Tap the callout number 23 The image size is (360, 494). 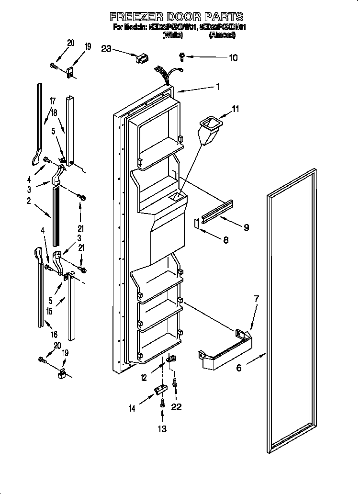[x=106, y=48]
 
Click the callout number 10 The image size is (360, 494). [x=233, y=58]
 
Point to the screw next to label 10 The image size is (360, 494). [x=182, y=56]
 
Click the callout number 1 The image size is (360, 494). [x=218, y=87]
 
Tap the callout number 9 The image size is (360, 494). [x=246, y=228]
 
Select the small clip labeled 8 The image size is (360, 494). [x=196, y=223]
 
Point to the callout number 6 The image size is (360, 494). [x=239, y=368]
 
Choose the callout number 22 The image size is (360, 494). [x=177, y=407]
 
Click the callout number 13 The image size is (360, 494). [x=162, y=429]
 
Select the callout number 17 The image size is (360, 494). [x=52, y=101]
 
